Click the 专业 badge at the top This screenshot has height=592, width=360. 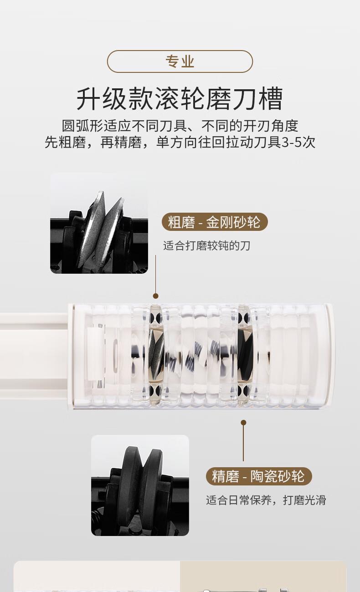(180, 61)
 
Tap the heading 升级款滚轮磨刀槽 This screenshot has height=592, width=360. (180, 99)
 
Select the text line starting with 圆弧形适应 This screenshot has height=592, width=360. (180, 126)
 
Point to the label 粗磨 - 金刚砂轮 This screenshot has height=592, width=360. (215, 222)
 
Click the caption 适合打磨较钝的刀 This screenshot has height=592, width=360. (206, 245)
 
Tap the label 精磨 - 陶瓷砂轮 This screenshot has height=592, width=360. (259, 476)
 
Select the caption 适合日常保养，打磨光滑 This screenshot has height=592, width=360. (266, 500)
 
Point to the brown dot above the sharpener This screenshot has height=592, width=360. (156, 296)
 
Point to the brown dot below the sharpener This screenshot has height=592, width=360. (244, 423)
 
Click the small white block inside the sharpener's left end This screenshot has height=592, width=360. (96, 354)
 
